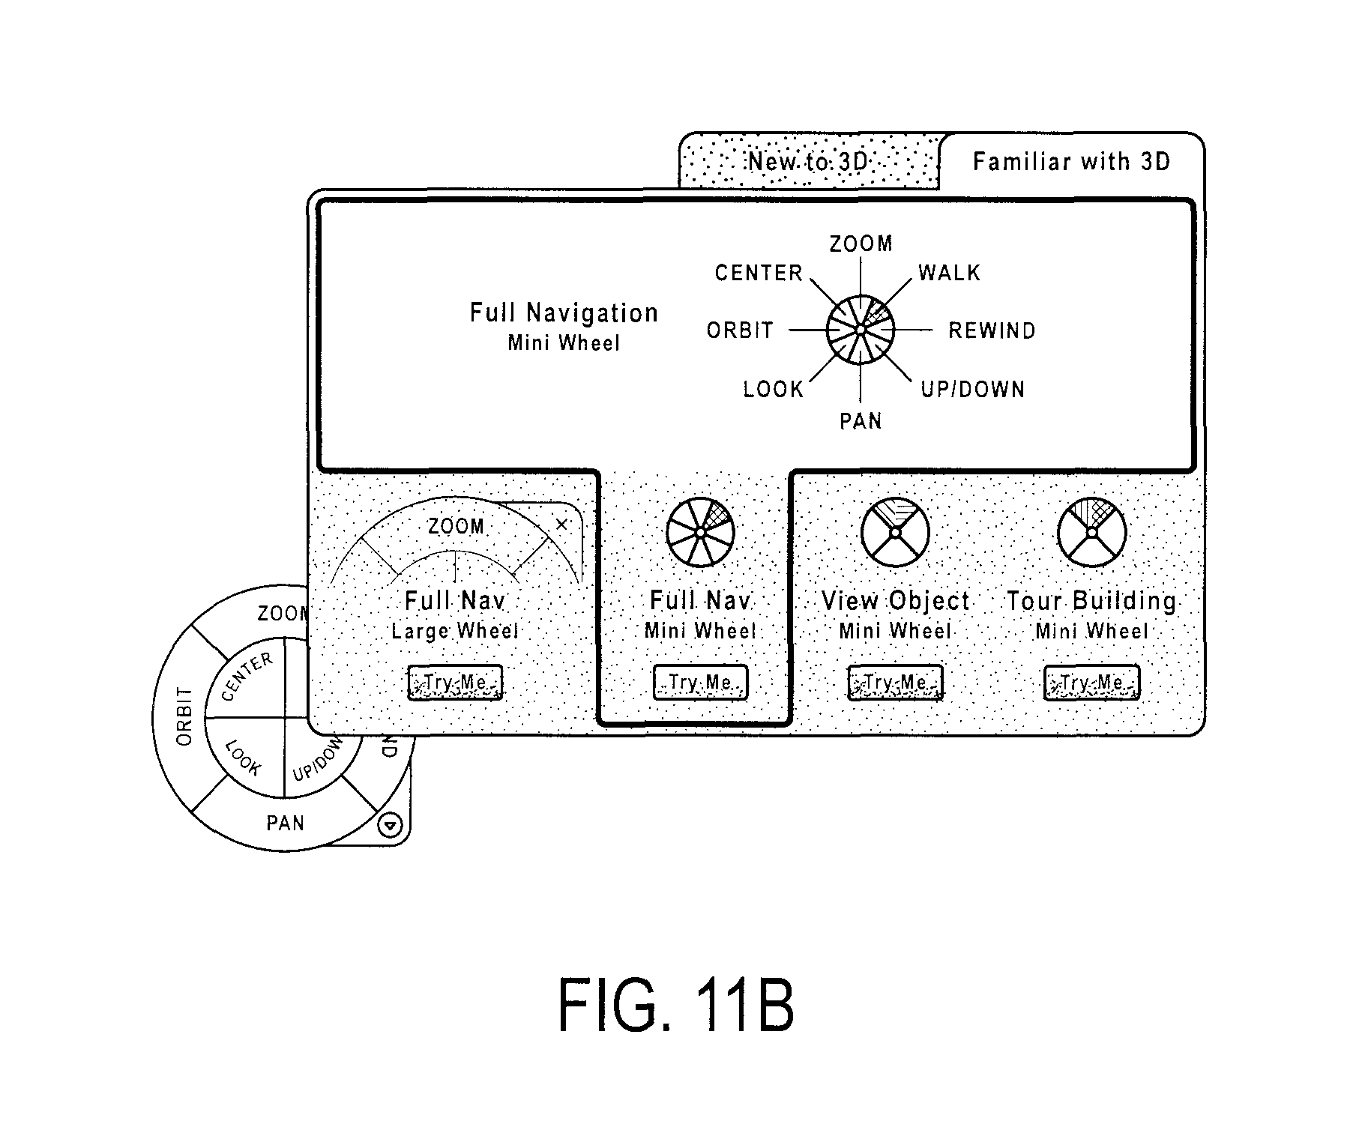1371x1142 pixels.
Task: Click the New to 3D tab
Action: point(808,161)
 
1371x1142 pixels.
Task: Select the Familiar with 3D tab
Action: point(1071,161)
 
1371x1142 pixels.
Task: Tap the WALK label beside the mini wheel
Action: point(949,273)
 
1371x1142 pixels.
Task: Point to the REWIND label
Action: point(992,330)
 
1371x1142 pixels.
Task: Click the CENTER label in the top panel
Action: point(759,273)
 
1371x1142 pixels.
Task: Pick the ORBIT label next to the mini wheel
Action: point(740,330)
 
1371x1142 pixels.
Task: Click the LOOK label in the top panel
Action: point(773,389)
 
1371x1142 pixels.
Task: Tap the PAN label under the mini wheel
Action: point(861,421)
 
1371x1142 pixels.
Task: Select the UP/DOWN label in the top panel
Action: point(972,389)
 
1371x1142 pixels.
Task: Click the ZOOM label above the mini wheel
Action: point(861,244)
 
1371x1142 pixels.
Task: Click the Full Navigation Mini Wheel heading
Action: point(564,326)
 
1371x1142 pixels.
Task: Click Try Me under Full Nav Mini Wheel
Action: point(700,683)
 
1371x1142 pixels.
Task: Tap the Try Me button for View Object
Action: point(895,683)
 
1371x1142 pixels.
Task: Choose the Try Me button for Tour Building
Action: point(1091,683)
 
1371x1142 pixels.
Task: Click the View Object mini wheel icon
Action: point(895,532)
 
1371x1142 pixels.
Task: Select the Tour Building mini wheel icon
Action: point(1091,532)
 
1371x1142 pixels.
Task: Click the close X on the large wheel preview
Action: point(561,525)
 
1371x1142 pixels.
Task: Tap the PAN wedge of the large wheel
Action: point(286,823)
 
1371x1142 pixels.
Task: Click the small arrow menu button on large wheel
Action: point(391,826)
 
